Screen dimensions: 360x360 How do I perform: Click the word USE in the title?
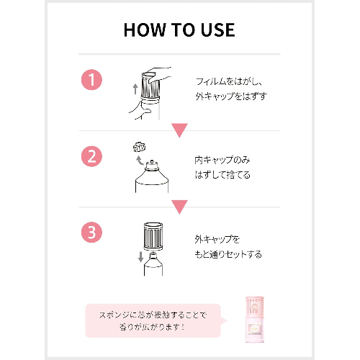[217, 30]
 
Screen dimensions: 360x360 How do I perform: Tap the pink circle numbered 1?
[91, 80]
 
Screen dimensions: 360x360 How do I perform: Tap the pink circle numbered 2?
[91, 156]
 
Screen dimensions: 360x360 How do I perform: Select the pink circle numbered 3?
[91, 232]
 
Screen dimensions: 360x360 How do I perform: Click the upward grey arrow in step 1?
[135, 89]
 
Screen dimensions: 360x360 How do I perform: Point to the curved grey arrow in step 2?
[140, 160]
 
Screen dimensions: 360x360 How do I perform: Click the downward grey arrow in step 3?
[140, 257]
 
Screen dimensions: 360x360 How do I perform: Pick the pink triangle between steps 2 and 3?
[179, 207]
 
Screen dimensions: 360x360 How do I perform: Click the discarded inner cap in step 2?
[140, 147]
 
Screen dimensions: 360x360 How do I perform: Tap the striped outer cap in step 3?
[153, 236]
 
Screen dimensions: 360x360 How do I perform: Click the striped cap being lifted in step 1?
[150, 86]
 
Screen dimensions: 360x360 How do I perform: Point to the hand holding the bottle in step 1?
[141, 110]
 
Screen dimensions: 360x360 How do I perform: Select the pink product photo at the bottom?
[255, 319]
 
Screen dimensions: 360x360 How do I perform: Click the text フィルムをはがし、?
[229, 81]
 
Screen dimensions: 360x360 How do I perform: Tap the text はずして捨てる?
[222, 175]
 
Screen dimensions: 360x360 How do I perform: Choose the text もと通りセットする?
[228, 254]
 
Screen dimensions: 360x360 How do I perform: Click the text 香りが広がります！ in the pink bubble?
[152, 327]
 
